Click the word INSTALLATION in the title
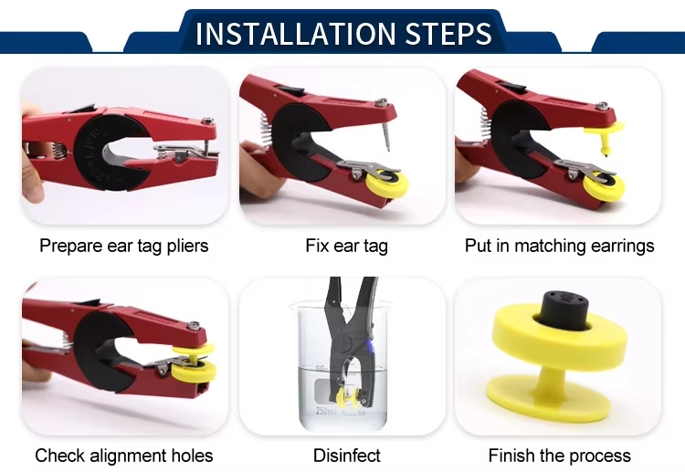pyautogui.click(x=296, y=34)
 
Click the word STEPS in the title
pyautogui.click(x=448, y=34)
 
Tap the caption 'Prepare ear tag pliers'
pyautogui.click(x=124, y=246)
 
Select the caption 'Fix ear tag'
pyautogui.click(x=346, y=246)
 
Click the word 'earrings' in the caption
pyautogui.click(x=622, y=246)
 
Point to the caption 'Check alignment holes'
pyautogui.click(x=124, y=456)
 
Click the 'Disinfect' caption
pyautogui.click(x=347, y=456)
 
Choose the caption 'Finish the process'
pyautogui.click(x=560, y=456)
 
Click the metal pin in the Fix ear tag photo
pyautogui.click(x=386, y=137)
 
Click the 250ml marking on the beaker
pyautogui.click(x=326, y=412)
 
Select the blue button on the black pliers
pyautogui.click(x=371, y=347)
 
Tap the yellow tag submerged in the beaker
pyautogui.click(x=348, y=397)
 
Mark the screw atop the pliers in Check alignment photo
pyautogui.click(x=194, y=326)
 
